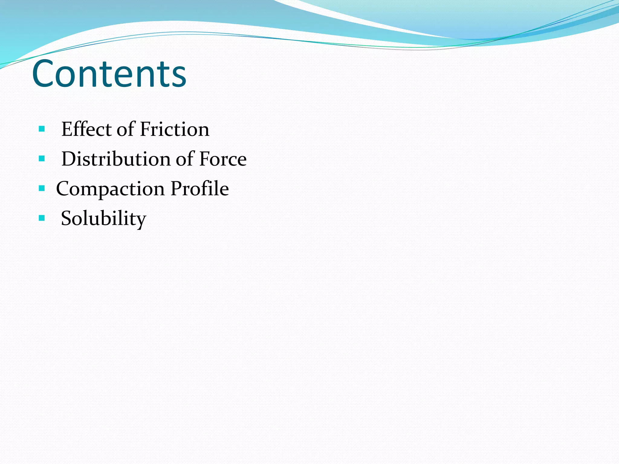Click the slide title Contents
tap(109, 74)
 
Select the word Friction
tap(175, 129)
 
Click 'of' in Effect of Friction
tap(126, 129)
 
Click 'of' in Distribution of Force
tap(185, 159)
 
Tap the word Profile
tap(199, 188)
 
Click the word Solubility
tap(103, 218)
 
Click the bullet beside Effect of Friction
tap(42, 129)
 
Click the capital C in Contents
tap(44, 74)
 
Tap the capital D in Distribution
tap(69, 159)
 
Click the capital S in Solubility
tap(67, 218)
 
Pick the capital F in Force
tap(204, 159)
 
